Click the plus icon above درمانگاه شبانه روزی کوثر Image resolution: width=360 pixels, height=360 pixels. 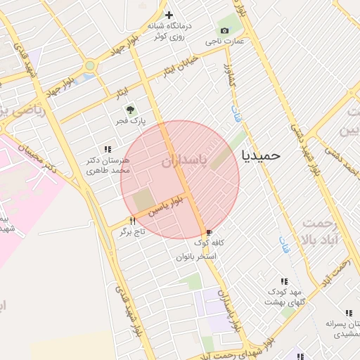click(x=168, y=15)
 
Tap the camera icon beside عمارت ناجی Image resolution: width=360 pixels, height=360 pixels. click(x=224, y=30)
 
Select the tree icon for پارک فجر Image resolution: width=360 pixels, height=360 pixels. click(x=129, y=110)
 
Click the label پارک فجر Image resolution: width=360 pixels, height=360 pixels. click(x=131, y=121)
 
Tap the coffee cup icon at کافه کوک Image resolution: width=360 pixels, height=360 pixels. click(x=209, y=233)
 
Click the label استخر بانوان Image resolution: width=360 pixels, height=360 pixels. click(x=196, y=257)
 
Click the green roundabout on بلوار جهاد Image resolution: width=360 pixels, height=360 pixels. click(x=89, y=67)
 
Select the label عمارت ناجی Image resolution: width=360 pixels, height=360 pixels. click(x=224, y=42)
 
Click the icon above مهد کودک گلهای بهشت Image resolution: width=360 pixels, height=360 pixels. click(x=284, y=281)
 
